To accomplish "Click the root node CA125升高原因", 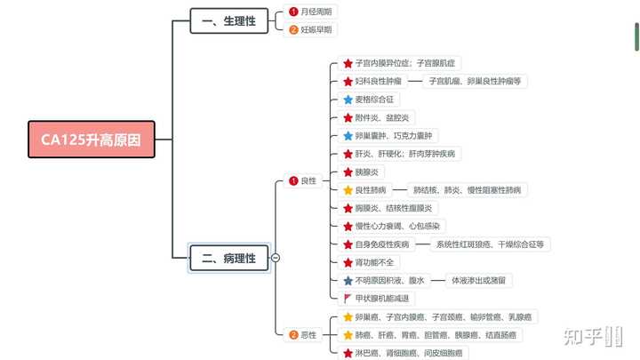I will click(92, 140).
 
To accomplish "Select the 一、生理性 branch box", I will click(228, 20).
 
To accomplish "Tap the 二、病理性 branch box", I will click(228, 258).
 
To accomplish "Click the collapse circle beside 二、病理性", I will click(276, 258).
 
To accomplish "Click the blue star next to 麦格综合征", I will click(348, 100).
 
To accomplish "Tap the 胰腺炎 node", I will click(366, 172).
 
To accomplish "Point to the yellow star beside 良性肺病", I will click(348, 190).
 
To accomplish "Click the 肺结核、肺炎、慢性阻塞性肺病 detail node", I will click(467, 190).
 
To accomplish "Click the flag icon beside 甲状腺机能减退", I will click(348, 299).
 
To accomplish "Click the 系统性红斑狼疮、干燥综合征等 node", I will click(490, 244).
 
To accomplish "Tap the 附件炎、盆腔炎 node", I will click(377, 118).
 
